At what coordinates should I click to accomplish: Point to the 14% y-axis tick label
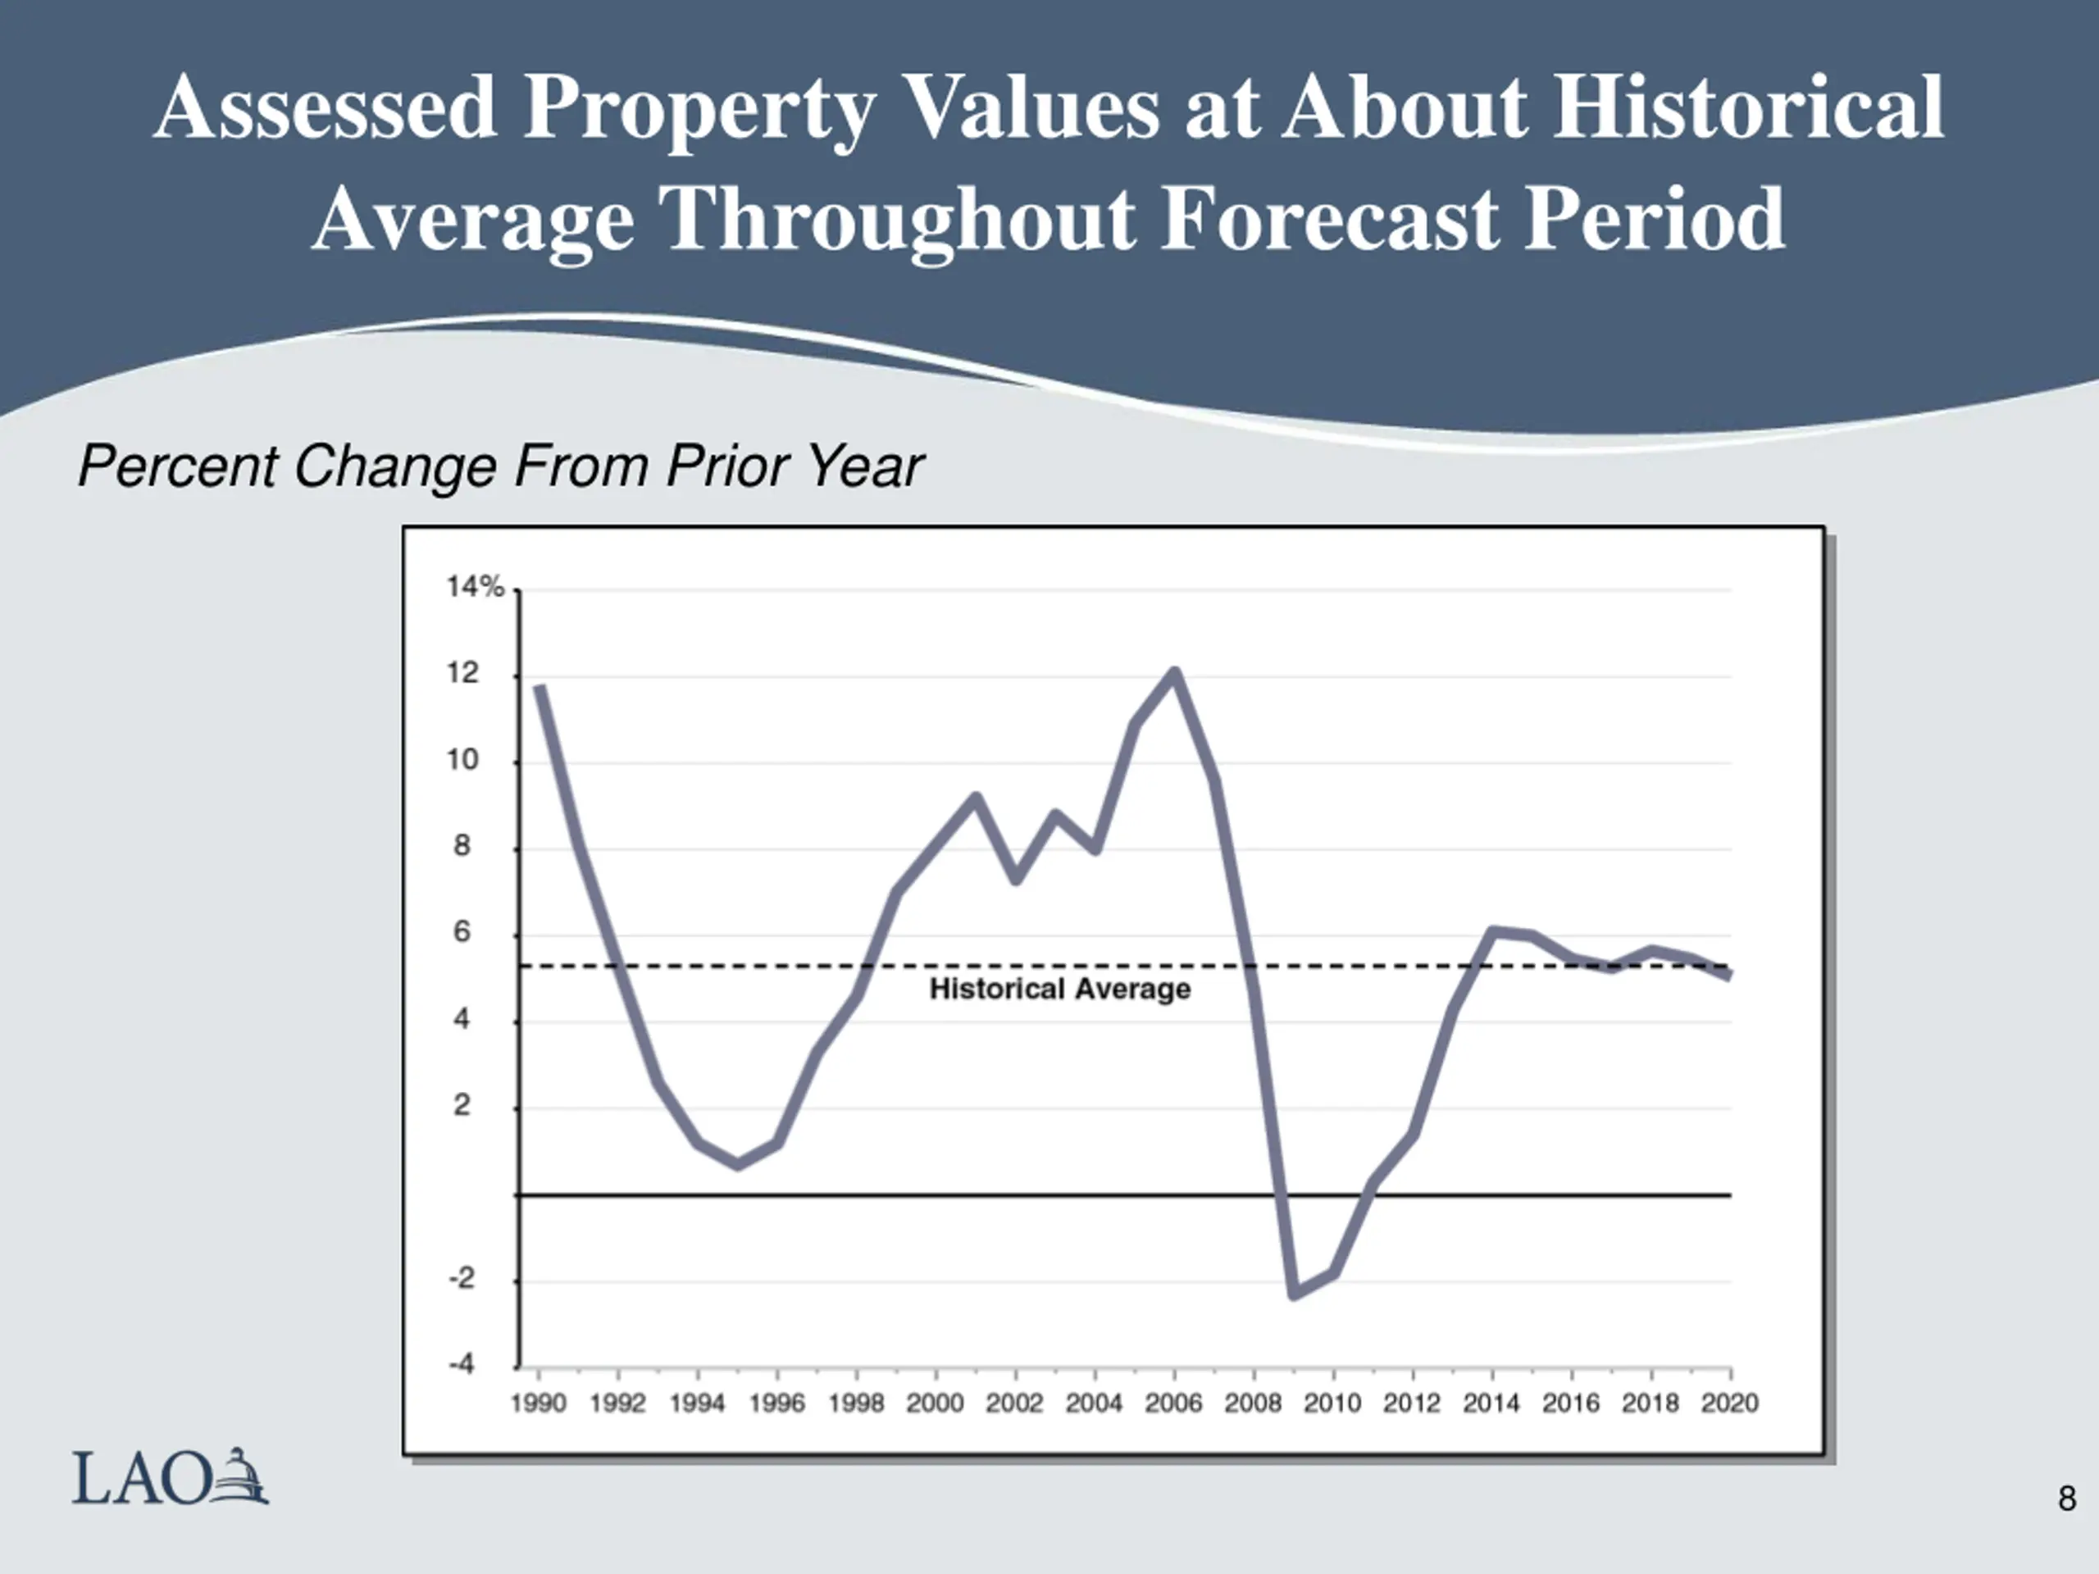pos(476,587)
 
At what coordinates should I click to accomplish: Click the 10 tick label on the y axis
pos(463,760)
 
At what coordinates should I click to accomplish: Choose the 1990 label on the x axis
pos(538,1403)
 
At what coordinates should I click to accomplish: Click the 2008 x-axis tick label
pos(1253,1403)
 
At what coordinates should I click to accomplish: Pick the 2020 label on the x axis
pos(1730,1403)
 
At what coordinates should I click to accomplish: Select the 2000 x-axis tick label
pos(935,1403)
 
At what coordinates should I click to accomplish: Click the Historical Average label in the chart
pos(1060,989)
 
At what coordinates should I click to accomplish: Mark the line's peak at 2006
pos(1175,673)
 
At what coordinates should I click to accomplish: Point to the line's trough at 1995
pos(738,1164)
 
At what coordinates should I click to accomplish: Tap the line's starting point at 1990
pos(539,687)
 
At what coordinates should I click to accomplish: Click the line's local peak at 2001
pos(976,797)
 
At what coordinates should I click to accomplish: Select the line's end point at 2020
pos(1730,975)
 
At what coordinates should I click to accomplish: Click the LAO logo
pos(171,1476)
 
